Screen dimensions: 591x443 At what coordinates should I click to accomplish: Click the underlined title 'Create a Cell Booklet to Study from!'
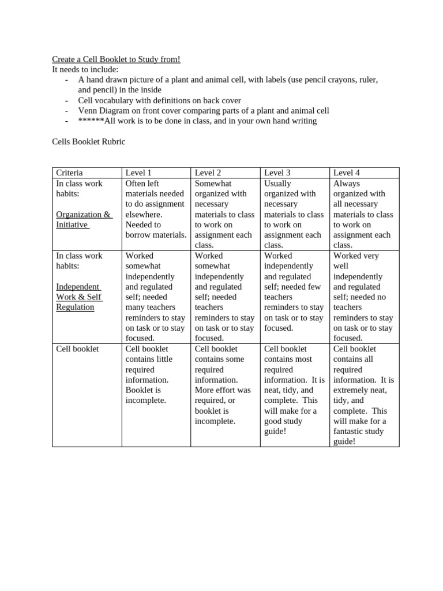(x=116, y=59)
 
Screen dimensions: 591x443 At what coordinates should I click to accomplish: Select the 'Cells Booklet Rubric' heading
(x=88, y=141)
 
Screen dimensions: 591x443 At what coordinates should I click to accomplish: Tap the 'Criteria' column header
(x=69, y=173)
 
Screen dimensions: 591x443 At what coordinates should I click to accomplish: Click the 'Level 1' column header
(x=138, y=173)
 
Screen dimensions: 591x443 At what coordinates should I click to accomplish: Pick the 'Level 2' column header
(x=208, y=173)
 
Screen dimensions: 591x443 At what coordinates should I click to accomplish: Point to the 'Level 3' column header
(x=277, y=173)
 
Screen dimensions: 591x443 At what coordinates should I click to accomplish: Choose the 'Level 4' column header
(x=346, y=173)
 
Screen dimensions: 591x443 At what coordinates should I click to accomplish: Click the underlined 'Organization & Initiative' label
(x=84, y=219)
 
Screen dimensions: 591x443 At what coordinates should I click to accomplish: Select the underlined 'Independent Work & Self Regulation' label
(x=78, y=297)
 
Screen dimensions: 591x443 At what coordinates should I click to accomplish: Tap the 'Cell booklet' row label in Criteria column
(x=77, y=349)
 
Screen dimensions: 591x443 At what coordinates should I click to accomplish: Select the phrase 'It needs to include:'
(x=85, y=69)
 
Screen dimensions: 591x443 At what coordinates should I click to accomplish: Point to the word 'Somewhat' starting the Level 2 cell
(x=212, y=183)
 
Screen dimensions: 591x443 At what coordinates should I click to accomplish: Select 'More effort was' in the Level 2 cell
(x=223, y=390)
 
